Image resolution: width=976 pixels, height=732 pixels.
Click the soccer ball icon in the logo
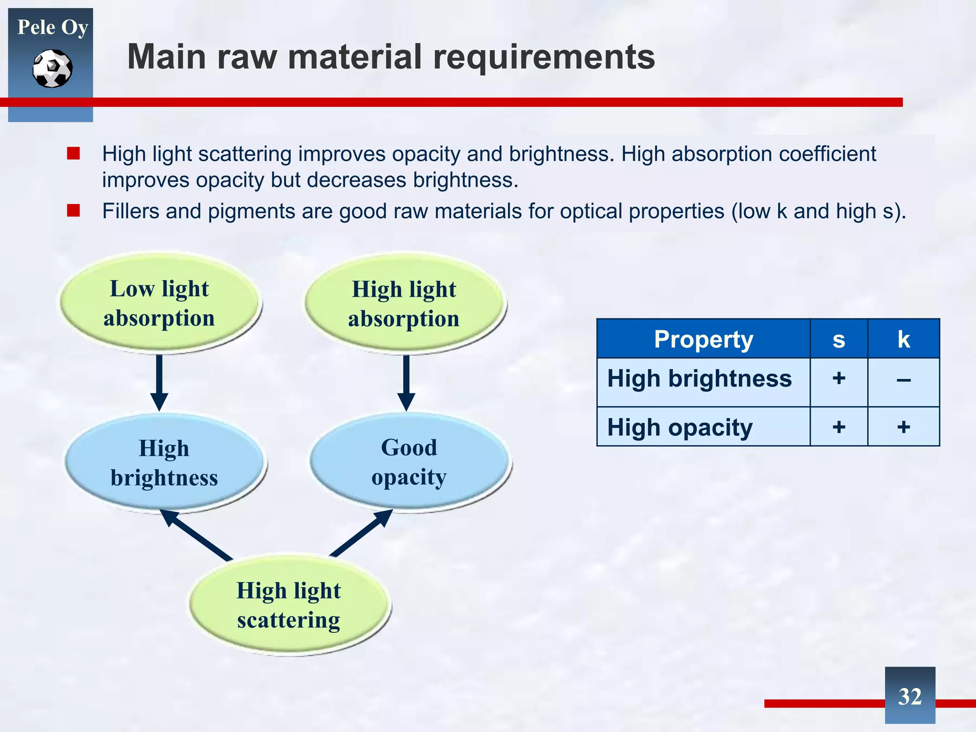point(52,69)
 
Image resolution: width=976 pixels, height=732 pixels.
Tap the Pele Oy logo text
point(52,27)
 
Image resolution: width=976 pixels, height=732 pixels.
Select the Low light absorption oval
point(159,303)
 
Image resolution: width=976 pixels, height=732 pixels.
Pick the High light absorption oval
point(404,304)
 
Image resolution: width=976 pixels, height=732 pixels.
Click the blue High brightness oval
point(164,463)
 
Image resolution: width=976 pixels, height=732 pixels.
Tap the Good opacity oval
point(409,462)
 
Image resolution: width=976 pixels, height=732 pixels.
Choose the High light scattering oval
point(289,605)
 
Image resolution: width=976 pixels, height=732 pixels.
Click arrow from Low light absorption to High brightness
point(159,382)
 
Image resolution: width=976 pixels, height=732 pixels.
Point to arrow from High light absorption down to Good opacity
point(406,382)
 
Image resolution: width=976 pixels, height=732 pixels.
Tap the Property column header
point(703,339)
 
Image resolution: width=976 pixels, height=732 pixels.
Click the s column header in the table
point(839,339)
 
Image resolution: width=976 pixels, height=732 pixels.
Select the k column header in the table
point(904,339)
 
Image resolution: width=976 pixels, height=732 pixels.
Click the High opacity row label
point(680,427)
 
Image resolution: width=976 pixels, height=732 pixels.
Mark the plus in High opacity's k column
point(904,427)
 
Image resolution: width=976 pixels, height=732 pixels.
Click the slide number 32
point(910,696)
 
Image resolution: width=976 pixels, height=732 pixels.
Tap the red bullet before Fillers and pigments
point(73,210)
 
